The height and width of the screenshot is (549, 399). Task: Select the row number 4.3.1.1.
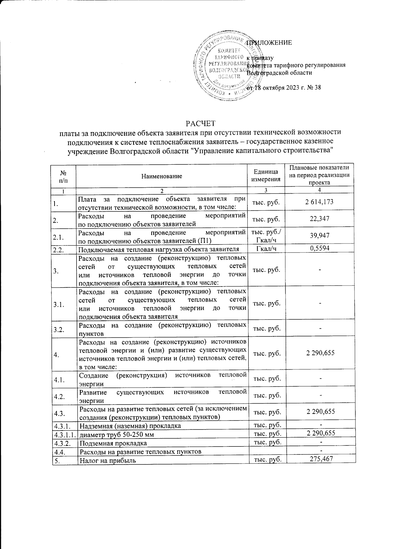(x=64, y=433)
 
